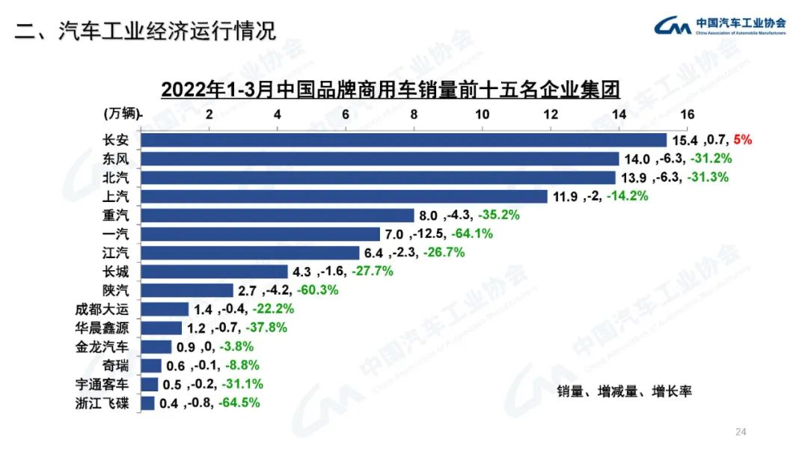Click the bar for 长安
(x=404, y=140)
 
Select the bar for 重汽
(x=278, y=215)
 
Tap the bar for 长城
(x=215, y=271)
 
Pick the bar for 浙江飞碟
(x=148, y=403)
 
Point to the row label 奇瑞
(x=121, y=365)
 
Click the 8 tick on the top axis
(x=414, y=114)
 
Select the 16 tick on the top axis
(x=688, y=114)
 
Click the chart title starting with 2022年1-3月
(x=391, y=90)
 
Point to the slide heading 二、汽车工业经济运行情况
(x=146, y=31)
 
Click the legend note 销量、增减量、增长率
(x=624, y=392)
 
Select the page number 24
(x=741, y=432)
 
